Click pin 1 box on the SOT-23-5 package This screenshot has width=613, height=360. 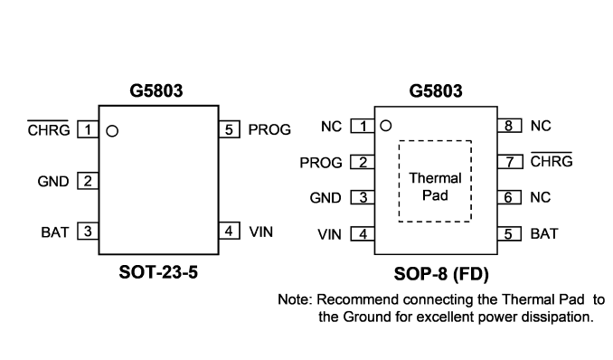tap(88, 129)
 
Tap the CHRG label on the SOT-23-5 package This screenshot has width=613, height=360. tap(49, 129)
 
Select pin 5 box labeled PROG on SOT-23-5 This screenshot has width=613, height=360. tap(229, 129)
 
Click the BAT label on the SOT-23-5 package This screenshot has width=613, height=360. tap(55, 232)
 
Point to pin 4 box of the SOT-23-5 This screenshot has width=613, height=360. tap(229, 231)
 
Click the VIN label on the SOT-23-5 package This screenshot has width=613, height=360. tap(261, 232)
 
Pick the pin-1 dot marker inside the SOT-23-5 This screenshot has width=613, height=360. tap(112, 131)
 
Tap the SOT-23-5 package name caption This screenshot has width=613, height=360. tap(158, 272)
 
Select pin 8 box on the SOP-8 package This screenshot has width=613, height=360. tap(509, 126)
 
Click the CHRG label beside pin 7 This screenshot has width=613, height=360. tap(552, 160)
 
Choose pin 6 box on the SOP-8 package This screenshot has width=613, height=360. tap(509, 197)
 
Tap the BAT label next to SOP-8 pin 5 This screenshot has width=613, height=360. tap(544, 234)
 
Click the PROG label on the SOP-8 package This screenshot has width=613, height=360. tap(321, 163)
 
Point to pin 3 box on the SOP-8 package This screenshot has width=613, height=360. tap(363, 197)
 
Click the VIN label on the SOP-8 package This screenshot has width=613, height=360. tap(330, 235)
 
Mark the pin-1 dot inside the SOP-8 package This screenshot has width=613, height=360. tap(386, 126)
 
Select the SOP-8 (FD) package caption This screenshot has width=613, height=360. tap(441, 274)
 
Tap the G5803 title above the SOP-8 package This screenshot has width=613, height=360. tap(436, 91)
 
